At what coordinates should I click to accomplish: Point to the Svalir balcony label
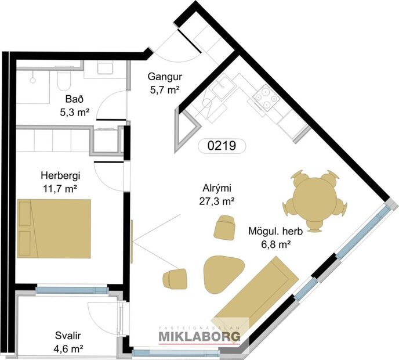(x=68, y=336)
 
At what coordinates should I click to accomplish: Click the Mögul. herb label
(x=269, y=232)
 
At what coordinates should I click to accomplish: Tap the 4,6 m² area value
(x=68, y=349)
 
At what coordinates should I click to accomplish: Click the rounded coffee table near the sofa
(x=223, y=271)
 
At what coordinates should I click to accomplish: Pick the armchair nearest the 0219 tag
(x=225, y=226)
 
